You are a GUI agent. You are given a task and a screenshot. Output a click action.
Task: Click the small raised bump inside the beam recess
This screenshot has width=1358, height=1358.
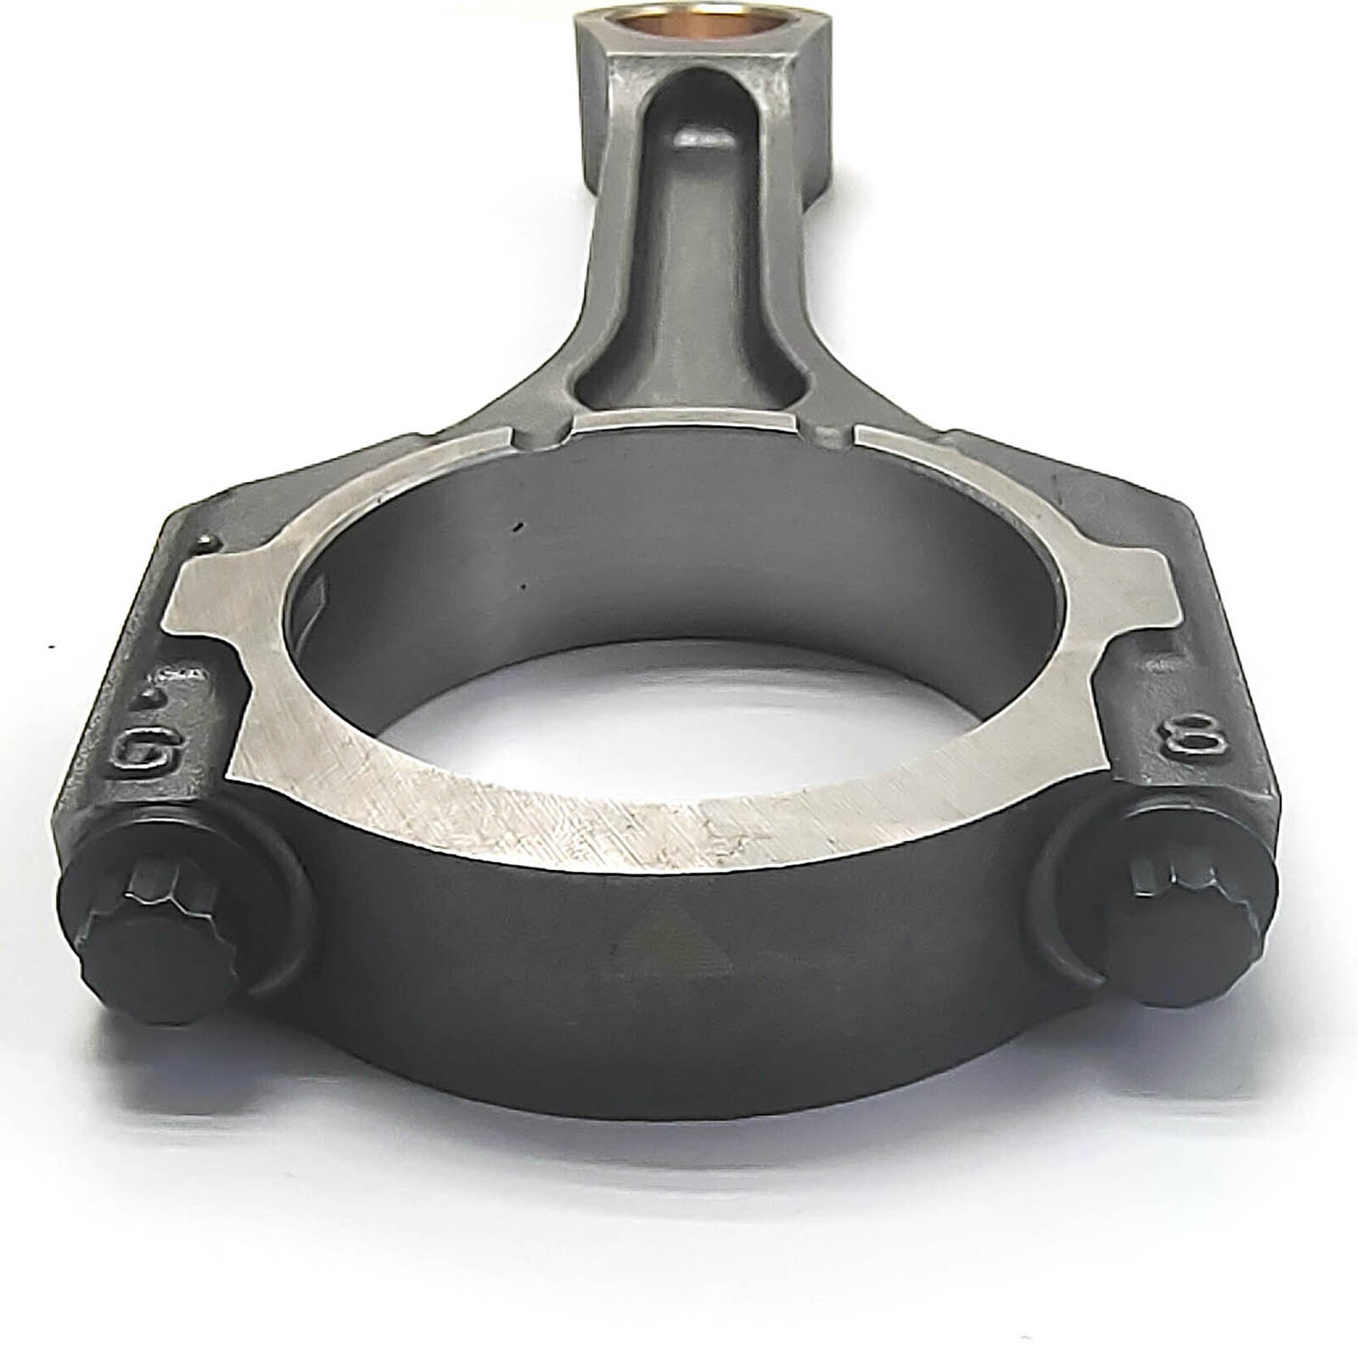click(x=703, y=138)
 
